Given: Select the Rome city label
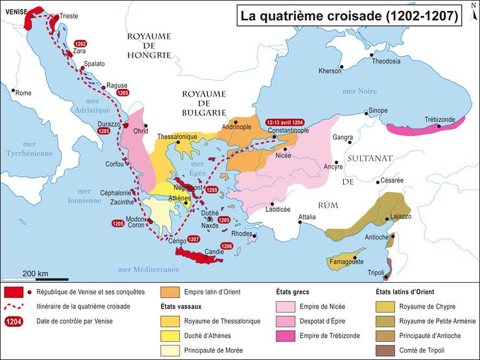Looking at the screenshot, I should point(23,93).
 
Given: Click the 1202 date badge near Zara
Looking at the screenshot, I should point(80,43).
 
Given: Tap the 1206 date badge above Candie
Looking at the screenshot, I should point(226,246).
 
